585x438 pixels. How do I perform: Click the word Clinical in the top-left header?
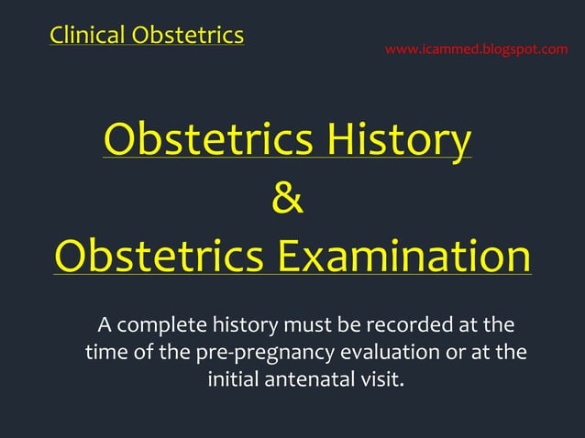[x=88, y=36]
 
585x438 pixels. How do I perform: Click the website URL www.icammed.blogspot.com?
[x=476, y=49]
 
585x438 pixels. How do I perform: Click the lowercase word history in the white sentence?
[x=245, y=325]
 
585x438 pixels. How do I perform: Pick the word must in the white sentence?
[x=306, y=325]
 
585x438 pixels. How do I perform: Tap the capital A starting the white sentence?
[x=105, y=325]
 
